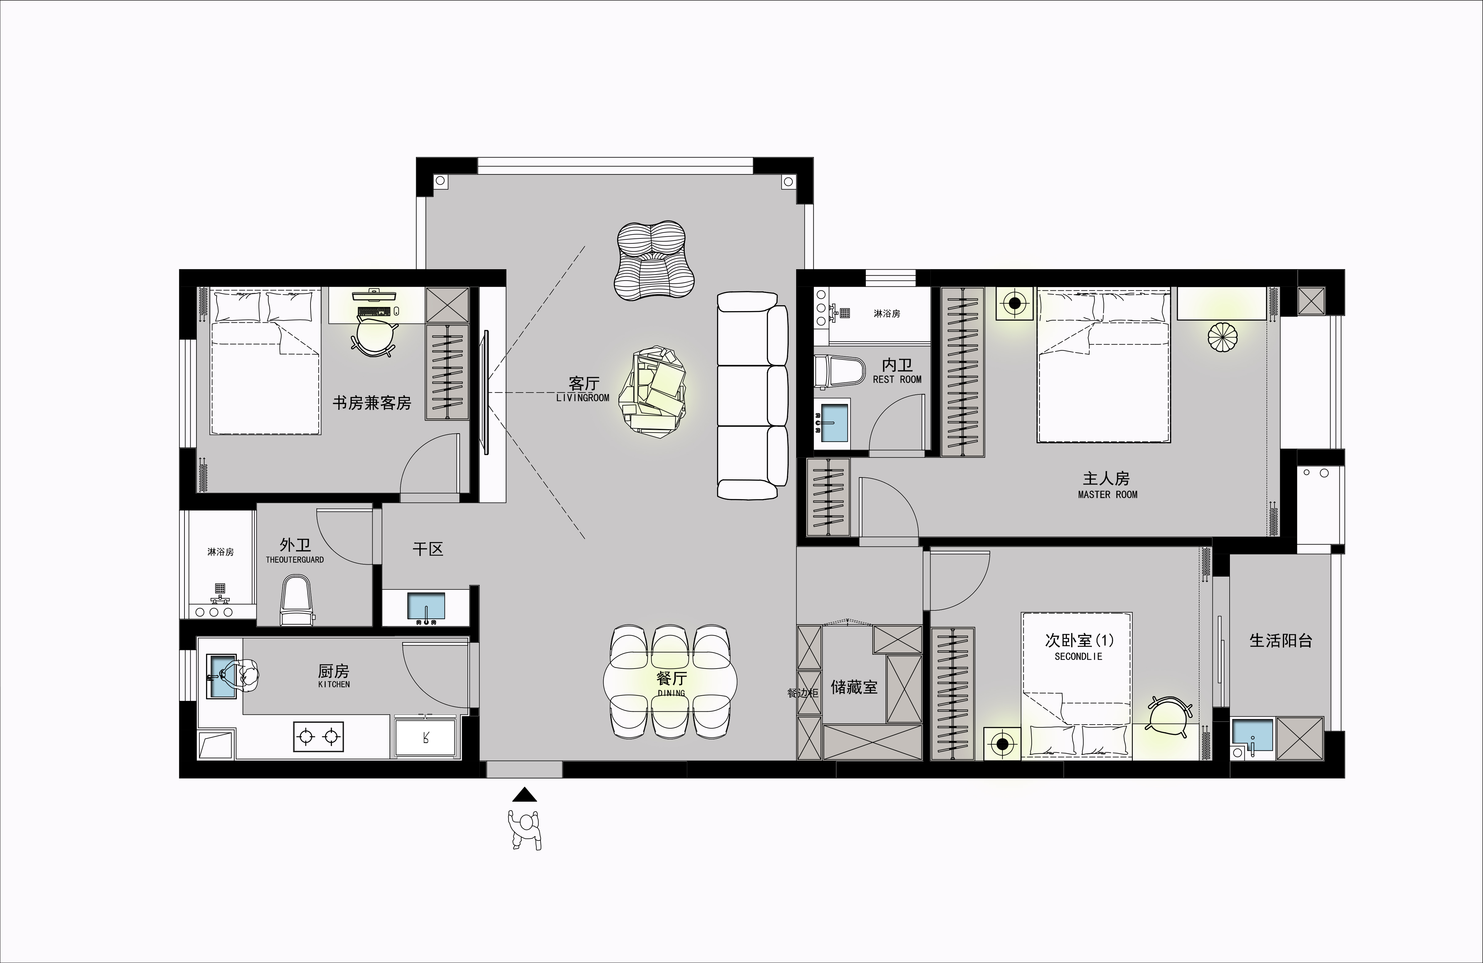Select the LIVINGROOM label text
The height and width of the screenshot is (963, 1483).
(583, 398)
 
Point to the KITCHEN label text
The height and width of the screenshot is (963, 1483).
(334, 684)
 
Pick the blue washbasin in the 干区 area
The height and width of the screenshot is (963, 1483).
(426, 606)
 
